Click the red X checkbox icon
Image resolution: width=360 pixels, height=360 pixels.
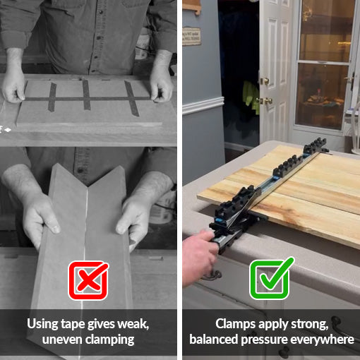point(88,280)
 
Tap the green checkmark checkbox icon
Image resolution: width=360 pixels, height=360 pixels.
point(271,279)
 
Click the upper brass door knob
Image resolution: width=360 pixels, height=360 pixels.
point(265,81)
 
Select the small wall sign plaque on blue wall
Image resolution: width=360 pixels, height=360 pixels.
point(192,36)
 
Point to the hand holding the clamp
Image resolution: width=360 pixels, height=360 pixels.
point(199,256)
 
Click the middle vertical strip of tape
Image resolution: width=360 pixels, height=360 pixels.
point(86,95)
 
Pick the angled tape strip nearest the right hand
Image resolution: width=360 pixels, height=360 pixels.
point(132,98)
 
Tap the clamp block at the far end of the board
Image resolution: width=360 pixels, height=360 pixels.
point(316,145)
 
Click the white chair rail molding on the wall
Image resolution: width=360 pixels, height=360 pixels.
point(203,105)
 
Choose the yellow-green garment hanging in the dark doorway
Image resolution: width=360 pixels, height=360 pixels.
point(251,97)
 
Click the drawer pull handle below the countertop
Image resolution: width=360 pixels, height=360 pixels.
point(212,275)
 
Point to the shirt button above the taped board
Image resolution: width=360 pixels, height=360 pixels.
point(99,37)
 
